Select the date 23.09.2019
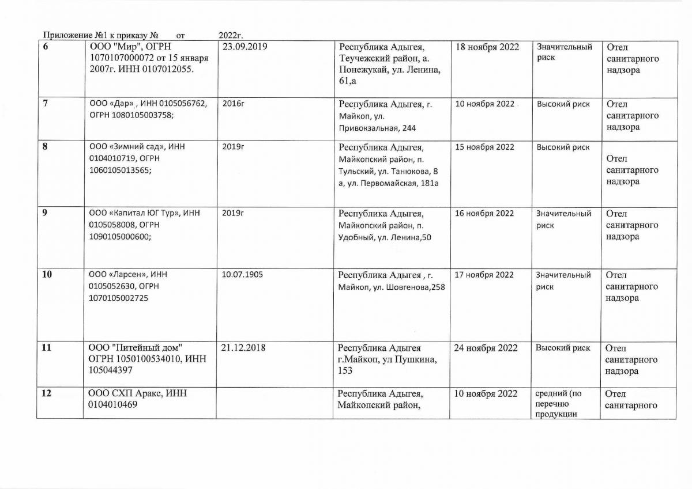tap(245, 47)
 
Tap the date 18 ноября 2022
tap(487, 47)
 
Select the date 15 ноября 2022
tap(484, 147)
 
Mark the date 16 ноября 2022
tap(484, 214)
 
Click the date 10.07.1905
tap(242, 275)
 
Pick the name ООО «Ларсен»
tap(116, 275)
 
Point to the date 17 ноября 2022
tap(484, 275)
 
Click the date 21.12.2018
tap(243, 348)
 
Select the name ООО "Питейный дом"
tap(135, 348)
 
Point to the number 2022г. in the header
tap(231, 36)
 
